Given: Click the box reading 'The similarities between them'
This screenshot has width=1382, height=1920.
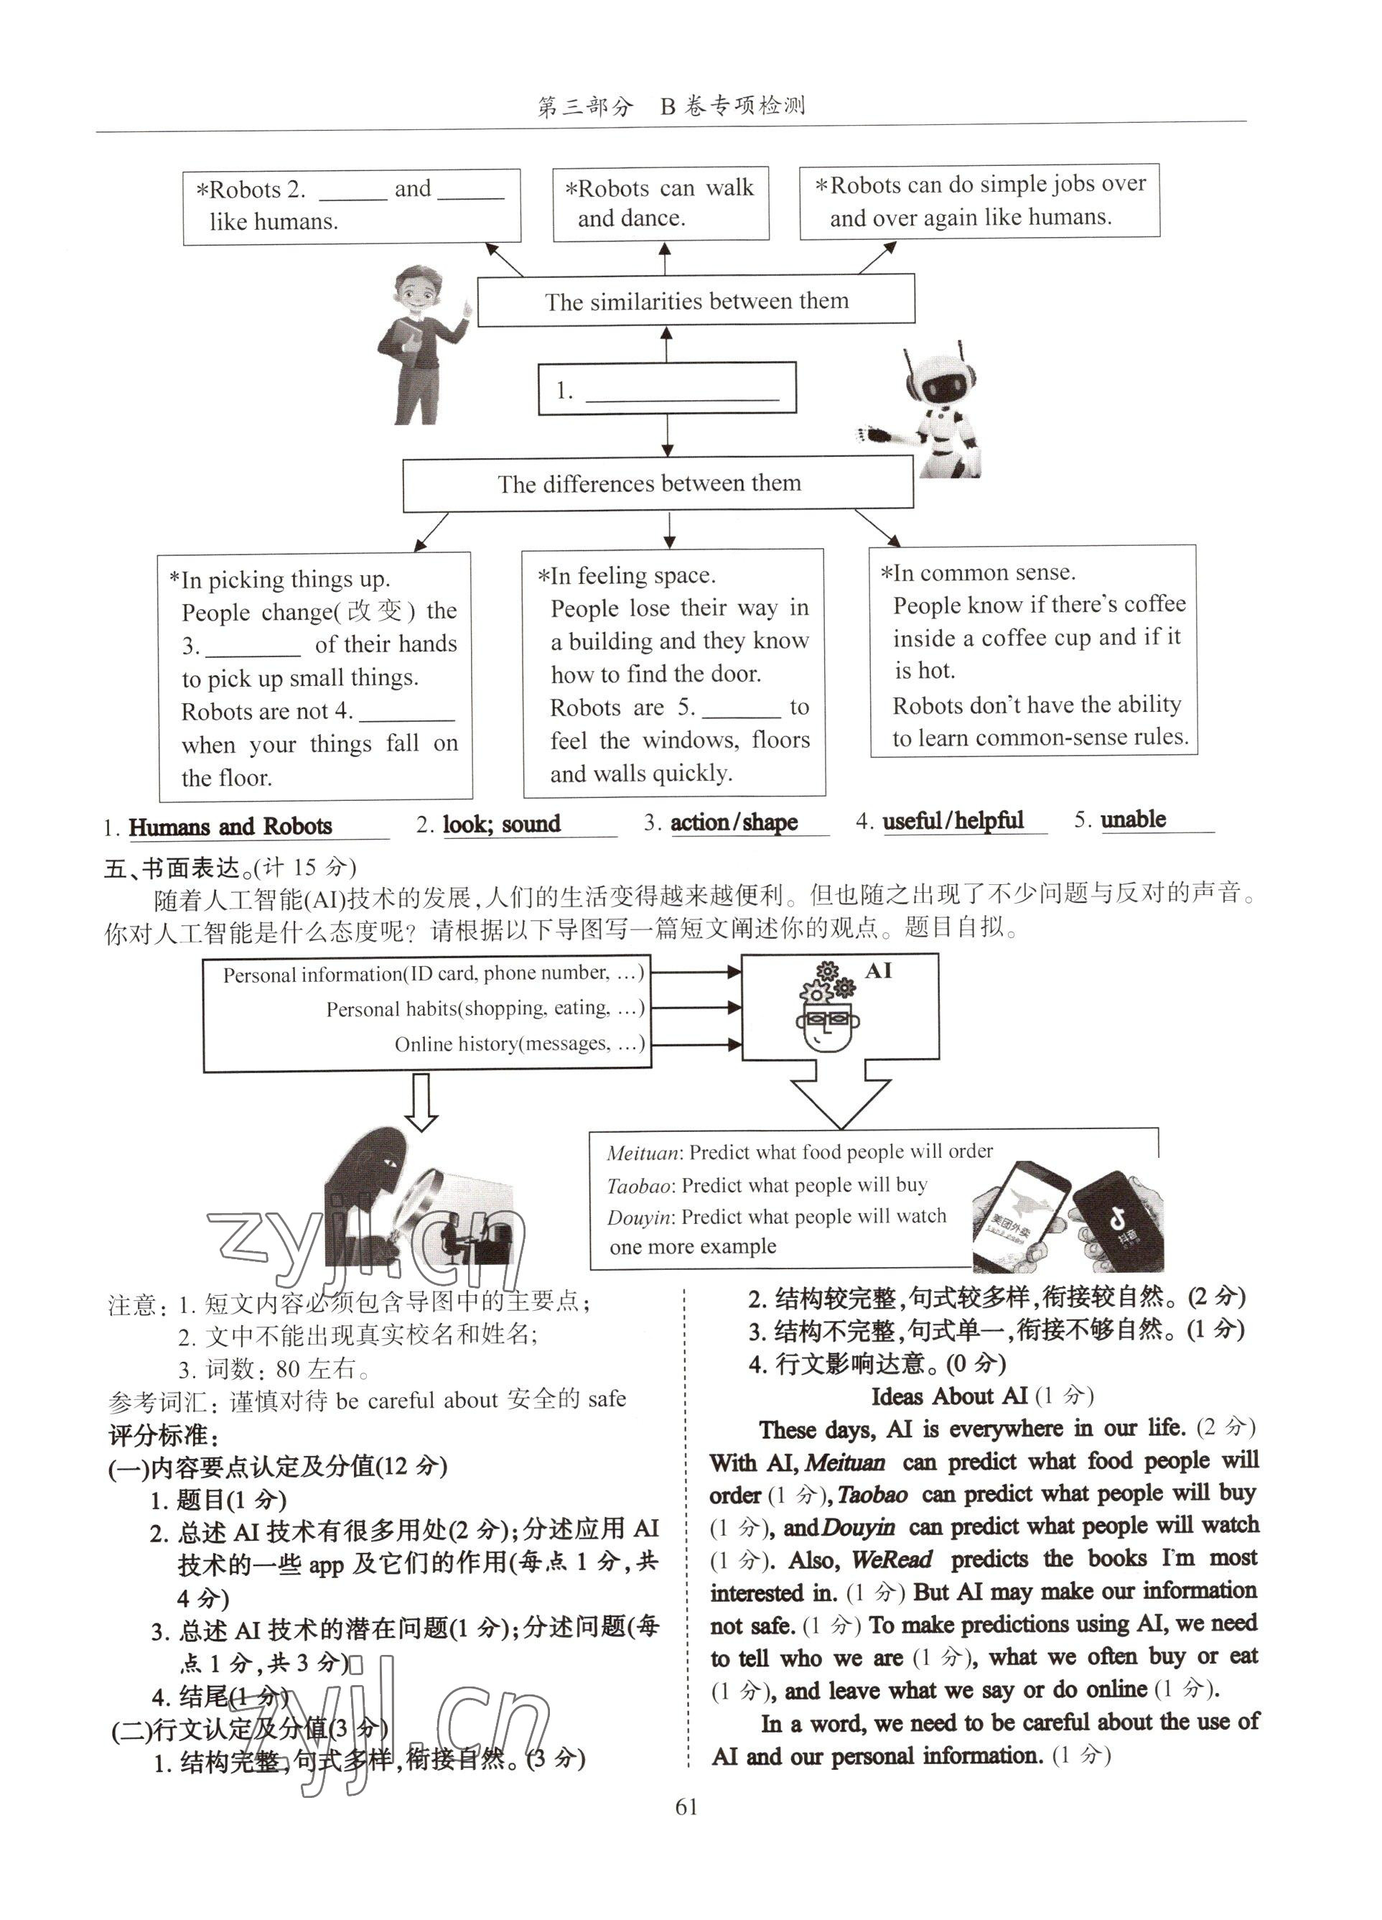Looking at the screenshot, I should (x=696, y=300).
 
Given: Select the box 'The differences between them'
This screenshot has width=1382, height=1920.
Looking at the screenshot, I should (x=658, y=484).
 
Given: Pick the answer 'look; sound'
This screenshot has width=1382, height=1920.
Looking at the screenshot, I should (x=501, y=824).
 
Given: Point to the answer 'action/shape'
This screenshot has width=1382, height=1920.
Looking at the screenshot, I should (x=734, y=822).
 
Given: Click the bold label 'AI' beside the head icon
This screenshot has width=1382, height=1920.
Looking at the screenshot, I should (x=879, y=970).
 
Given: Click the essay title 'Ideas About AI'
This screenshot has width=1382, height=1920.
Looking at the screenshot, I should (x=948, y=1396).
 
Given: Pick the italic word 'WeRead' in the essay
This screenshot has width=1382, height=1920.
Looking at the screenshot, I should (x=891, y=1559).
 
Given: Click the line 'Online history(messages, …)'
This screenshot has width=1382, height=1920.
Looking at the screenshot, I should (x=519, y=1044).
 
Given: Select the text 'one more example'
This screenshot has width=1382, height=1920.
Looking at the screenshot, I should (x=692, y=1246).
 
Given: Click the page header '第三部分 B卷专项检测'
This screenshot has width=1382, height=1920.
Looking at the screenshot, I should (x=671, y=106).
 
